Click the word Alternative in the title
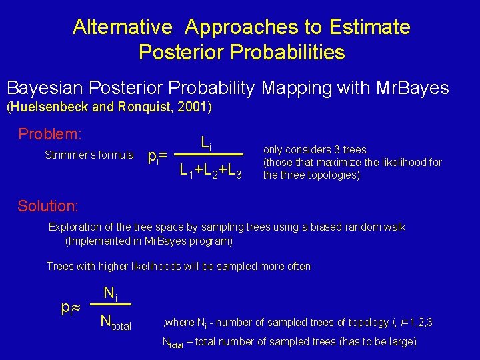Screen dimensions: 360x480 coord(123,27)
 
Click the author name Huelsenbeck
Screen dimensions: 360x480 coord(47,107)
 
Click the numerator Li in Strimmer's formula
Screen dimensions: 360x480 coord(207,142)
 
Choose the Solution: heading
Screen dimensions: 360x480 coord(48,207)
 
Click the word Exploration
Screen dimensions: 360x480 coord(75,227)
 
